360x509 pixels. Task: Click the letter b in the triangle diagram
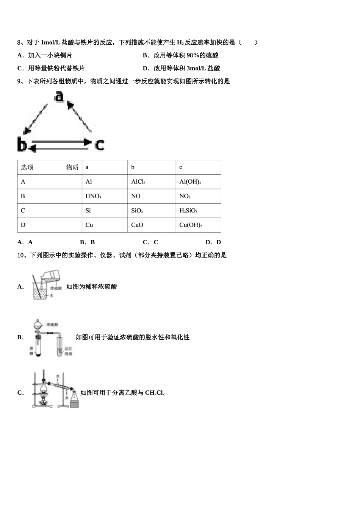[22, 144]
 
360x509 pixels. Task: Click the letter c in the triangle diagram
[99, 144]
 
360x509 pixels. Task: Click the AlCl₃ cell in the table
[138, 182]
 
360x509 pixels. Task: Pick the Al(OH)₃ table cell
[190, 182]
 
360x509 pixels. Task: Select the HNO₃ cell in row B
[93, 196]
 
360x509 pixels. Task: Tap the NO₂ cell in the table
[185, 196]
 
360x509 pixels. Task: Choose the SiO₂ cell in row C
[137, 211]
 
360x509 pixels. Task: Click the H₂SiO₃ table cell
[188, 211]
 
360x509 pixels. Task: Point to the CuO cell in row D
[137, 225]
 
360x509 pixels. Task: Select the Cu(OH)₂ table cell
[191, 225]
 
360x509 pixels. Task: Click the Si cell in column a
[88, 211]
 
